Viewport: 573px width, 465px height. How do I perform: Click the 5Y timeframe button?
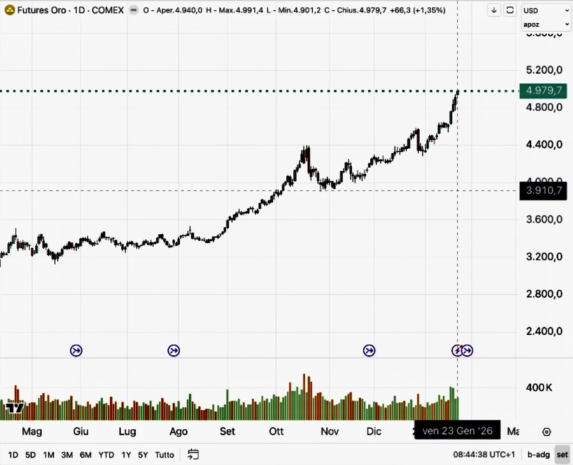tap(143, 455)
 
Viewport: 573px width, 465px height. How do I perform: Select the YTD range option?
tap(106, 455)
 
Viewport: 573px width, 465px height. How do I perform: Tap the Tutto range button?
tap(165, 455)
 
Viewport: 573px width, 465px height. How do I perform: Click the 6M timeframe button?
tap(86, 455)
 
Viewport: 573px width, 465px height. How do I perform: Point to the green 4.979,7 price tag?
tap(543, 90)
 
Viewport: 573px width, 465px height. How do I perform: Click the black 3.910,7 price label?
tap(543, 190)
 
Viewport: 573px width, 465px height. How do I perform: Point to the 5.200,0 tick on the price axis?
tap(544, 70)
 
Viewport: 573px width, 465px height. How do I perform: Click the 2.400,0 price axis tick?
tap(544, 331)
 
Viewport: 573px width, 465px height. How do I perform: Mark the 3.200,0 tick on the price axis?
tap(544, 257)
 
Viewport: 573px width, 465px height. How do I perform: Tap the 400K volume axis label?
tap(539, 387)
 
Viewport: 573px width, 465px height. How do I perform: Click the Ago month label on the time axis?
tap(178, 431)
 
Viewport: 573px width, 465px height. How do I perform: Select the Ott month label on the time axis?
tap(276, 431)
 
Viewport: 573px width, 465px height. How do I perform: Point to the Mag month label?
tap(32, 431)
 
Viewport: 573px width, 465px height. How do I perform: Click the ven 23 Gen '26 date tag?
tap(457, 431)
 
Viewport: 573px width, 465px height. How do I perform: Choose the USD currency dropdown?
tap(546, 10)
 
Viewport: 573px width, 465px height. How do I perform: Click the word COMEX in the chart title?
tap(108, 10)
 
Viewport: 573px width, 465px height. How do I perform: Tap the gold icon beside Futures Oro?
tap(9, 10)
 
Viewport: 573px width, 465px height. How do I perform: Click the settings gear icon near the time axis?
tap(547, 432)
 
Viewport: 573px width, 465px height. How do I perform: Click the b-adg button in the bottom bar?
tap(539, 455)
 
